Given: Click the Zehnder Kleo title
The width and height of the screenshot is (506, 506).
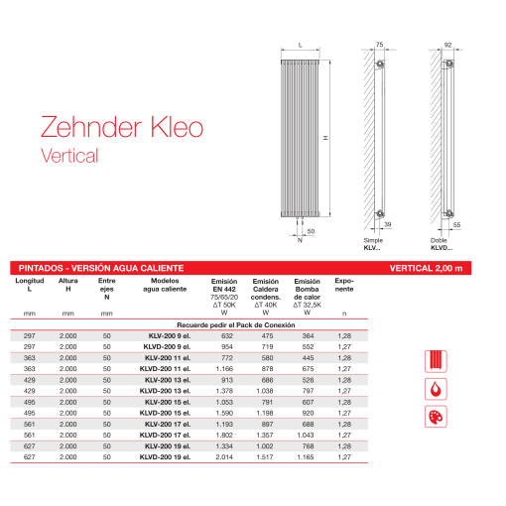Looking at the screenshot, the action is [121, 127].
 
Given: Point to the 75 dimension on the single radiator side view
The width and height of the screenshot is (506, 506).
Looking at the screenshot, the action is [378, 44].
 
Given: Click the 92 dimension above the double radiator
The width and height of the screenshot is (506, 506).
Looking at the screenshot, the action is [447, 44].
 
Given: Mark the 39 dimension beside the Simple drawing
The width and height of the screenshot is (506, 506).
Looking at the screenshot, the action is [386, 225].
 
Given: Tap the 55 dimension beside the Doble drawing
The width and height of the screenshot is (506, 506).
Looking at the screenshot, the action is [456, 225].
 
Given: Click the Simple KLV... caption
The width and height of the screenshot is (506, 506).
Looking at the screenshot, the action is [372, 244].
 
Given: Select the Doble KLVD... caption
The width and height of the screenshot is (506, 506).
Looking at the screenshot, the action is [440, 244].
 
